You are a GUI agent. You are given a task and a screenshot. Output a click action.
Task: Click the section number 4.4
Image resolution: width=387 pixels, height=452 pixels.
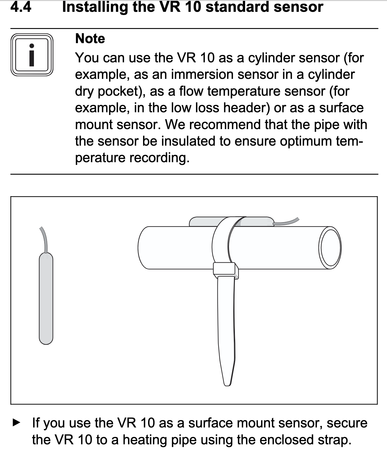[20, 6]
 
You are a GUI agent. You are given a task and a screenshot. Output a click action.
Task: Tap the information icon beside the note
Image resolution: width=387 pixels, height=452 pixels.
[32, 55]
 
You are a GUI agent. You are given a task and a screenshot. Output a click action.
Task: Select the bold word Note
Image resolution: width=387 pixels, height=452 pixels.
[90, 39]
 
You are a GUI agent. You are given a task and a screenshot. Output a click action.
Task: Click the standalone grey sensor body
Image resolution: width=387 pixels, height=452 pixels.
[46, 298]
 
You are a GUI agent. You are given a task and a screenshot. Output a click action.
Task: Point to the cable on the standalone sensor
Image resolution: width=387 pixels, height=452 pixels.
[44, 239]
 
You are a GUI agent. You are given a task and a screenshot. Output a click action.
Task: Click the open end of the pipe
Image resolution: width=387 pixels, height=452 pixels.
[330, 248]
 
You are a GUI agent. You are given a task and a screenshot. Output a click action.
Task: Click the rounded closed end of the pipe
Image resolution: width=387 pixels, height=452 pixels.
[142, 248]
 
